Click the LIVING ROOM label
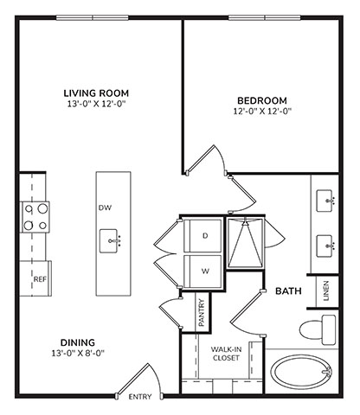(x=96, y=93)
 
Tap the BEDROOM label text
(x=262, y=100)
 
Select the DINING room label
(x=78, y=342)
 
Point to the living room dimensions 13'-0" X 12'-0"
(x=97, y=104)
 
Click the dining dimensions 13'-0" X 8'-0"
(x=78, y=353)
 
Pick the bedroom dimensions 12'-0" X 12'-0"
(x=262, y=112)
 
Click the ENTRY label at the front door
(x=140, y=397)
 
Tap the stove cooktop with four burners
(x=35, y=217)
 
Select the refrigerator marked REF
(x=35, y=278)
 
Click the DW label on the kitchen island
(x=105, y=207)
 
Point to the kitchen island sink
(x=110, y=241)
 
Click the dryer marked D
(x=202, y=236)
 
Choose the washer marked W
(x=202, y=271)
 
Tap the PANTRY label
(x=202, y=313)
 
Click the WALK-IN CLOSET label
(x=226, y=354)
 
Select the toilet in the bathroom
(x=318, y=329)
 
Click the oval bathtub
(x=301, y=372)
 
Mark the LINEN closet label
(x=326, y=291)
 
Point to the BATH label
(x=288, y=291)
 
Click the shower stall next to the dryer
(x=245, y=243)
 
